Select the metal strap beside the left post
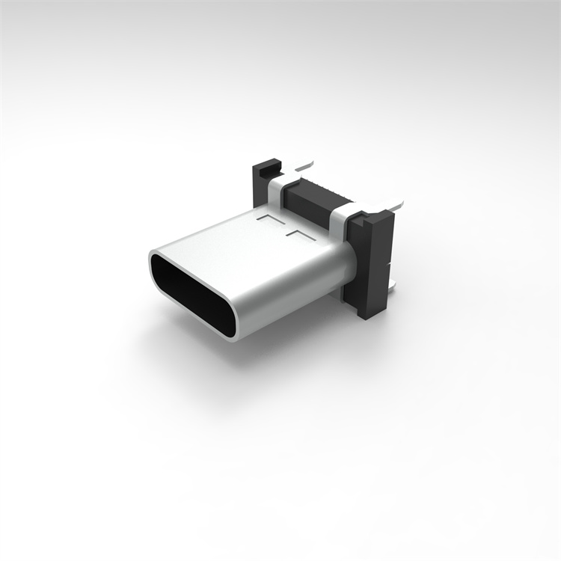pyautogui.click(x=278, y=191)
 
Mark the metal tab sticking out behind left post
pyautogui.click(x=303, y=162)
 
